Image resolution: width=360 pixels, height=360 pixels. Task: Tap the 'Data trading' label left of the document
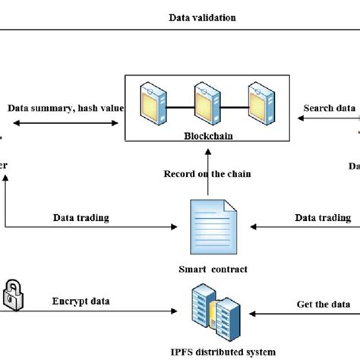tap(81, 218)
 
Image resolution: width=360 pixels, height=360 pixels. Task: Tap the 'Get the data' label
tap(324, 304)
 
